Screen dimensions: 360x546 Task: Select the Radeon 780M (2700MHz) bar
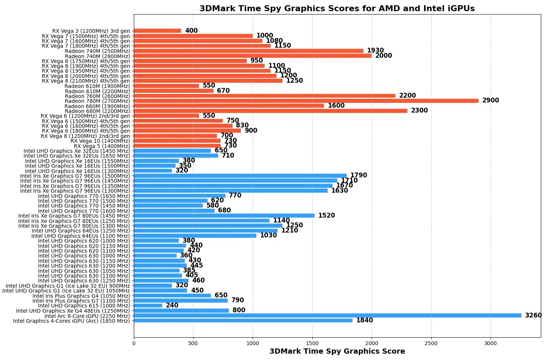(x=306, y=101)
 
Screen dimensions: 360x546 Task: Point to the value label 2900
(x=490, y=101)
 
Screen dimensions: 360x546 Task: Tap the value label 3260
(x=533, y=316)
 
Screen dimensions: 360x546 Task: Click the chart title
(x=337, y=9)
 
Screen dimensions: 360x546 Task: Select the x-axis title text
(x=337, y=351)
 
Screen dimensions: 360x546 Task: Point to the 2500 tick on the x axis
(x=431, y=343)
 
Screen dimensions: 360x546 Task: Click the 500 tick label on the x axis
(x=193, y=343)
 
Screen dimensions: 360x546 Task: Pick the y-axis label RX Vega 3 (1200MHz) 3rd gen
(x=91, y=31)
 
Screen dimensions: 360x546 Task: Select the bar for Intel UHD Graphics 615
(x=148, y=306)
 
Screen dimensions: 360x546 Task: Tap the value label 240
(x=172, y=306)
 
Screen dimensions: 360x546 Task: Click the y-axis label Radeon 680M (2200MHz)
(x=97, y=111)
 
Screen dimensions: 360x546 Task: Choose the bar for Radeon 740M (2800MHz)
(x=253, y=56)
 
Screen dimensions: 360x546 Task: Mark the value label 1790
(x=359, y=176)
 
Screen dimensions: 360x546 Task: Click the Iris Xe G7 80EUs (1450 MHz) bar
(x=224, y=216)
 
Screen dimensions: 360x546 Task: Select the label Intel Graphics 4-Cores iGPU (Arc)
(x=71, y=321)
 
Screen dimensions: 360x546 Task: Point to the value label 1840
(x=364, y=320)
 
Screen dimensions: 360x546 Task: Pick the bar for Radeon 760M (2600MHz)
(x=265, y=96)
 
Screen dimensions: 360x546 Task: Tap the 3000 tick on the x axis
(x=490, y=343)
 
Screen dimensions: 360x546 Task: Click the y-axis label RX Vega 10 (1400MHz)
(x=100, y=141)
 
